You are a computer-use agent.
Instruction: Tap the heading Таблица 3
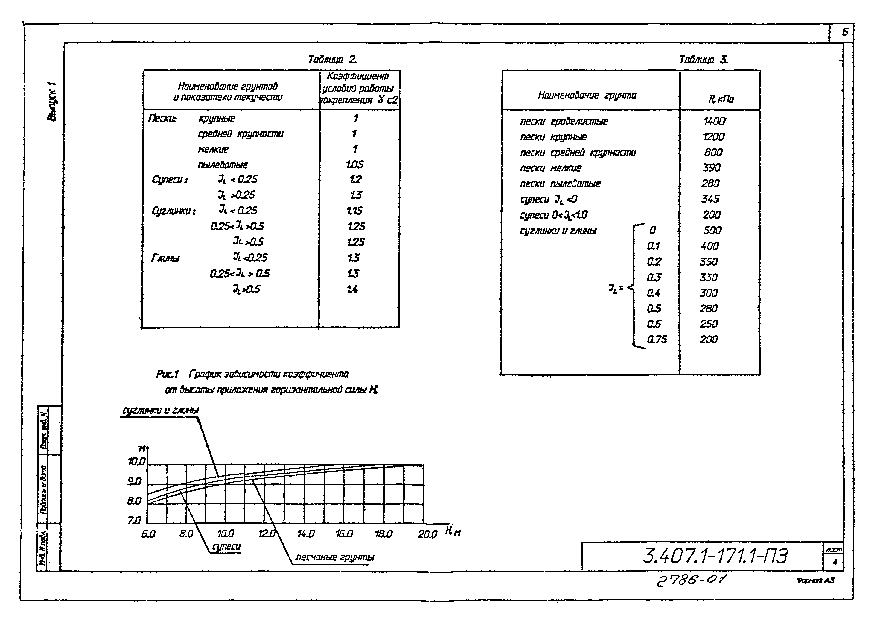point(703,60)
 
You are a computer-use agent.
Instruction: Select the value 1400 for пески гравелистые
point(714,121)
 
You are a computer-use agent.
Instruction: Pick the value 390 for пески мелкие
point(711,168)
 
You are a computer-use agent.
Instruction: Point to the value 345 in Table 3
point(710,199)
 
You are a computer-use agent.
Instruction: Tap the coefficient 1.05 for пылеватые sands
point(354,164)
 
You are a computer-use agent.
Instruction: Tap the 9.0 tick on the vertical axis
point(135,482)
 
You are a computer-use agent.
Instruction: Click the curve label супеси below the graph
point(226,547)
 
